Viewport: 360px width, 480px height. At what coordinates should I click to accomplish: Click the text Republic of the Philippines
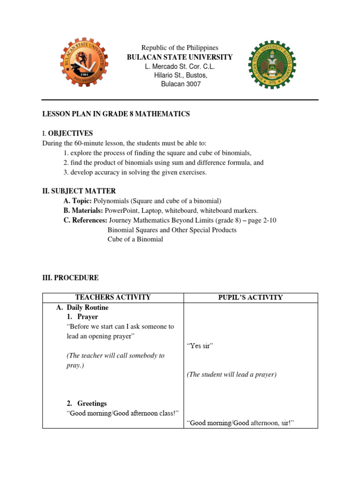coord(180,48)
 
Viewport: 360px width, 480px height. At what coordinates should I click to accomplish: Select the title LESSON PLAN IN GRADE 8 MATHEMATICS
coord(116,114)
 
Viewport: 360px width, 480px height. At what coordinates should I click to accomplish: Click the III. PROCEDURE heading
coord(70,278)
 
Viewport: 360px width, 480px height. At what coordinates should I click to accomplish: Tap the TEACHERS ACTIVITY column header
coord(113,298)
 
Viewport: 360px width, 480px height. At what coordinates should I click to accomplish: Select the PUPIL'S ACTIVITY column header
coord(250,298)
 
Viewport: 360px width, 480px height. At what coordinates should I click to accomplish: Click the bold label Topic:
coord(78,201)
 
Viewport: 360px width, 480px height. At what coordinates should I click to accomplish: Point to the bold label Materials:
coord(83,211)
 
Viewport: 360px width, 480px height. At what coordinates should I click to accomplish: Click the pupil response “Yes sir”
coord(200,346)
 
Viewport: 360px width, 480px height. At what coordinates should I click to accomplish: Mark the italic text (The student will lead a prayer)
coord(232,375)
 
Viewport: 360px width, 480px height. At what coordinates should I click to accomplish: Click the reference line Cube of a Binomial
coord(135,240)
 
